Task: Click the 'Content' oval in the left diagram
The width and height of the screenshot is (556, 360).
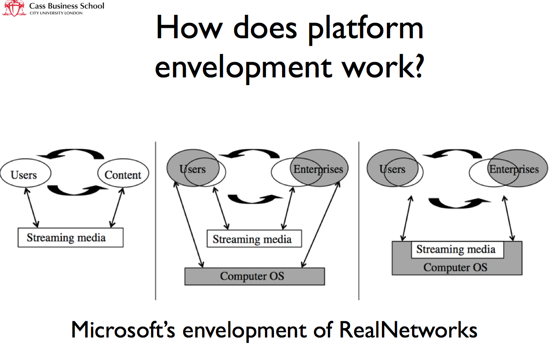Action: (x=123, y=175)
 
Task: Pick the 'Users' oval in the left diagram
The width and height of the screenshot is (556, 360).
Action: (x=24, y=175)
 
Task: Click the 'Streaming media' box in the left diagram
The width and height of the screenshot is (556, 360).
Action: (x=70, y=238)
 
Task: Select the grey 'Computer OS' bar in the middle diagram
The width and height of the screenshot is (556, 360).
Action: (x=254, y=276)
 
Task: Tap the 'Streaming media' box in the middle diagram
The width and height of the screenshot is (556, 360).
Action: (x=254, y=239)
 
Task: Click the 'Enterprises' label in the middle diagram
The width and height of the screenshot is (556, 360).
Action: (x=318, y=169)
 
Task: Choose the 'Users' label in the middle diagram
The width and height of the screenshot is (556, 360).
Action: (x=193, y=169)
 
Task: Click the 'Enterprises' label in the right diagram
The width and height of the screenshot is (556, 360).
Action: (x=514, y=169)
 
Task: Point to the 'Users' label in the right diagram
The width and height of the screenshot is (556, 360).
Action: (x=392, y=169)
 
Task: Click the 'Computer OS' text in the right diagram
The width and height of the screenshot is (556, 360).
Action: (x=455, y=267)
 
